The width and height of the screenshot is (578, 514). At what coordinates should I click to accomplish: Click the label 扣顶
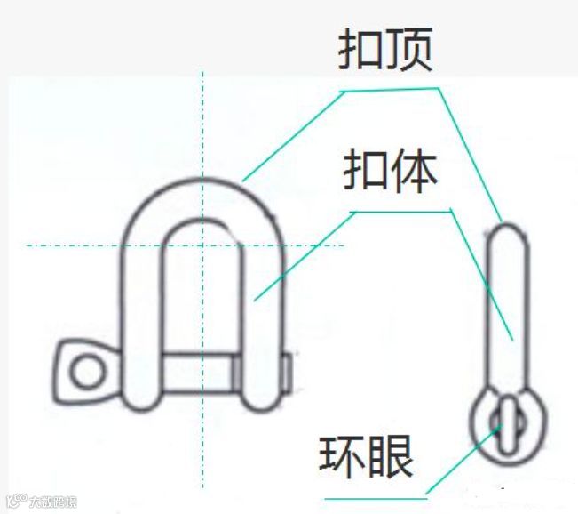pyautogui.click(x=385, y=51)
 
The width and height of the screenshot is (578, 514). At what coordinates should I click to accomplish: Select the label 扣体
pyautogui.click(x=391, y=172)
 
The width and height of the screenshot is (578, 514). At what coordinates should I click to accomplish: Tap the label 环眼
pyautogui.click(x=366, y=457)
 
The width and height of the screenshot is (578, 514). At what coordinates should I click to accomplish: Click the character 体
pyautogui.click(x=415, y=172)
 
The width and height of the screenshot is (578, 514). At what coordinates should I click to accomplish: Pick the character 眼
pyautogui.click(x=390, y=457)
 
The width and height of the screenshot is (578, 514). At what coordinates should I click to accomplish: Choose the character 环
pyautogui.click(x=342, y=457)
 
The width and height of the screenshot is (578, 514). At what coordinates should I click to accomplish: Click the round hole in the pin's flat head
pyautogui.click(x=86, y=370)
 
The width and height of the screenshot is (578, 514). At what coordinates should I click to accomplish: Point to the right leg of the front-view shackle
pyautogui.click(x=263, y=320)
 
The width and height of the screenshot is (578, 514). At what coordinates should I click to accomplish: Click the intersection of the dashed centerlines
pyautogui.click(x=202, y=245)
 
